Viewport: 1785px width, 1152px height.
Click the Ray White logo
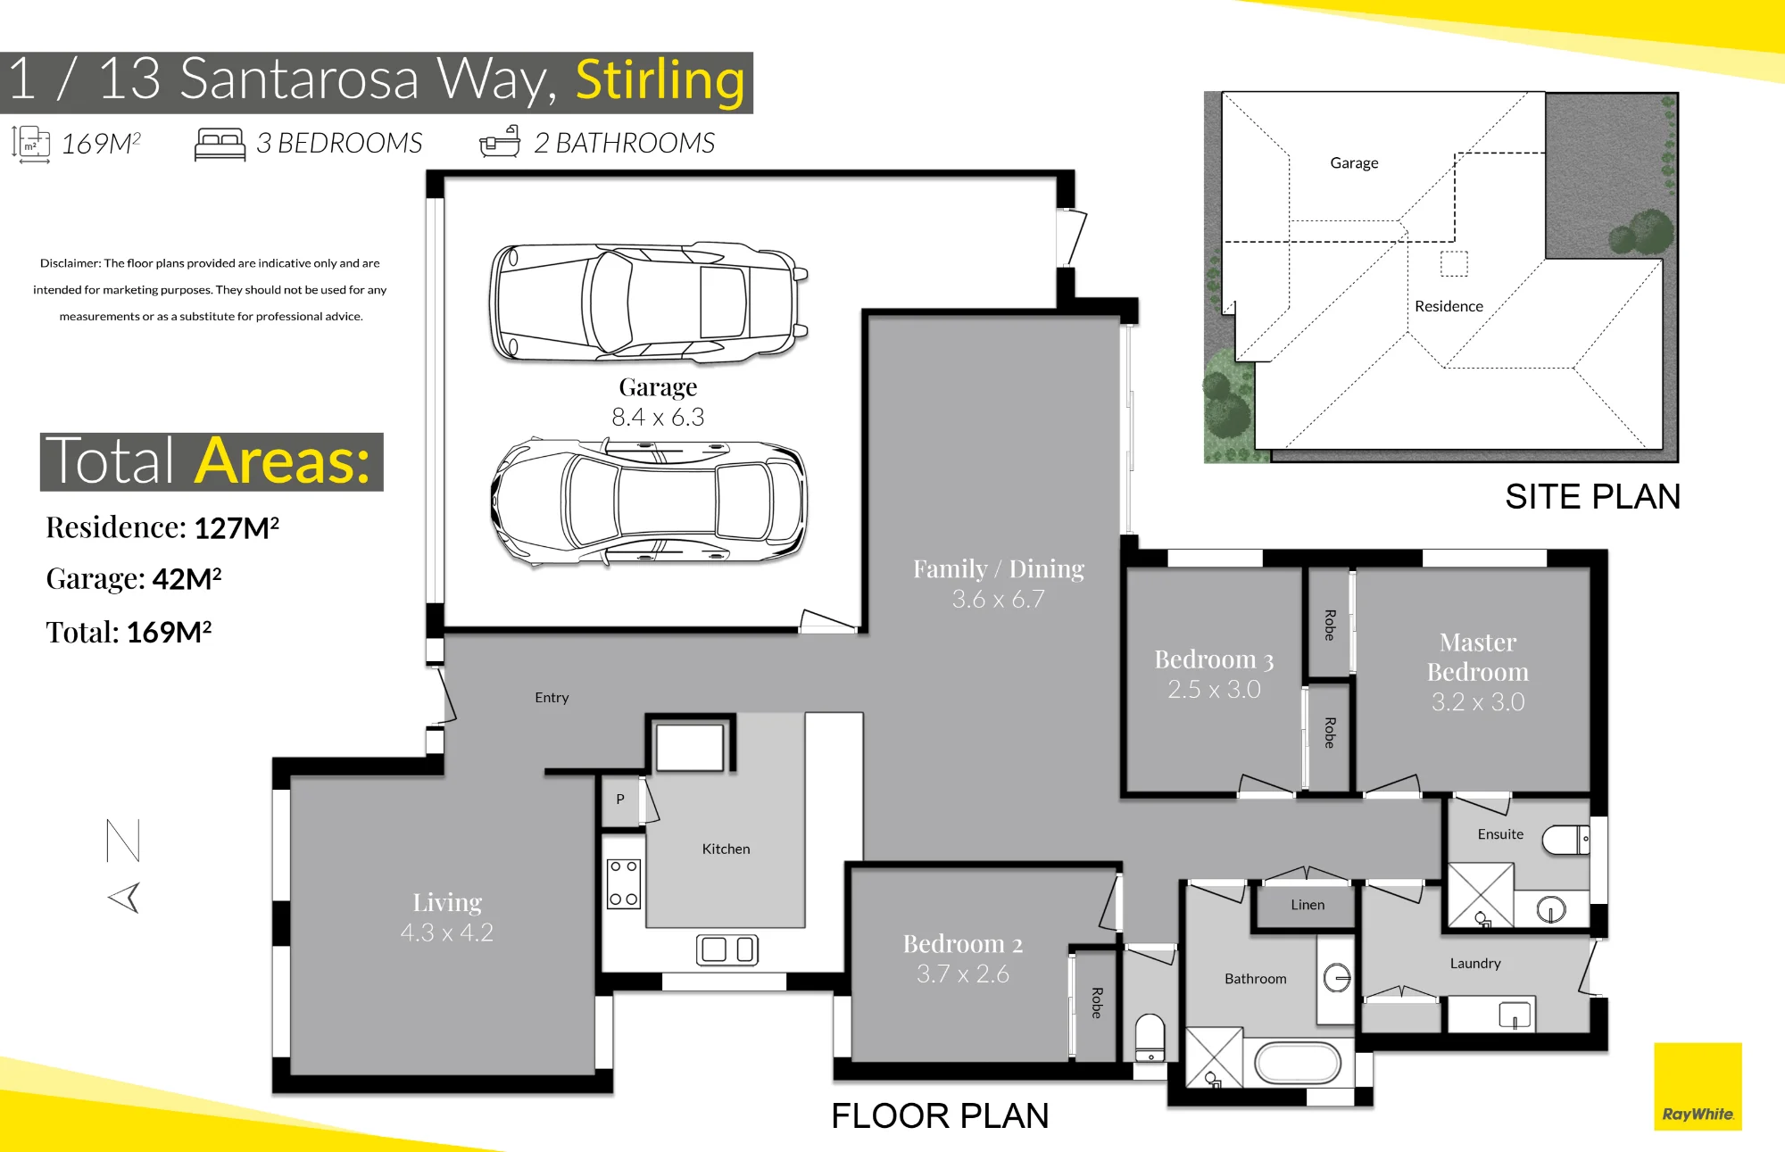[1698, 1086]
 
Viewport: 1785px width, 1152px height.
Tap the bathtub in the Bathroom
[1298, 1063]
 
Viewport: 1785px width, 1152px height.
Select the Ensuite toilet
[1566, 840]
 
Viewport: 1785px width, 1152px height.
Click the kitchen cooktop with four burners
[624, 883]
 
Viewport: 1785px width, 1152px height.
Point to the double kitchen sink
[727, 949]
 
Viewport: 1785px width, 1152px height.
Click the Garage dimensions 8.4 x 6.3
[658, 417]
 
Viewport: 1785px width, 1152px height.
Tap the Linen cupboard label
[1308, 905]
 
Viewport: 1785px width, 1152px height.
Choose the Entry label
[552, 698]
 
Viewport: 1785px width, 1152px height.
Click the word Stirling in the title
[660, 80]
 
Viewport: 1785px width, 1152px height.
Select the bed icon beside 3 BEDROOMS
[220, 145]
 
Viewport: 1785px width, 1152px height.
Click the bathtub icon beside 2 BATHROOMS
[500, 142]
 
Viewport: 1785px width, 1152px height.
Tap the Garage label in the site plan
[1354, 163]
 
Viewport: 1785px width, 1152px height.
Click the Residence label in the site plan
[1449, 306]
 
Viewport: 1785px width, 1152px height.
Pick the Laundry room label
[1475, 964]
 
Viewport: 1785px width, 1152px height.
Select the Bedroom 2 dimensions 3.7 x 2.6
[963, 974]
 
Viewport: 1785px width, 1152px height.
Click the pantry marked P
[620, 800]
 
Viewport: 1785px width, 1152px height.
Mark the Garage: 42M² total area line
[134, 579]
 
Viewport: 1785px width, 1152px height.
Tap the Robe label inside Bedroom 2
[1097, 1003]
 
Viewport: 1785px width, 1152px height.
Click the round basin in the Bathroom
[1337, 978]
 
